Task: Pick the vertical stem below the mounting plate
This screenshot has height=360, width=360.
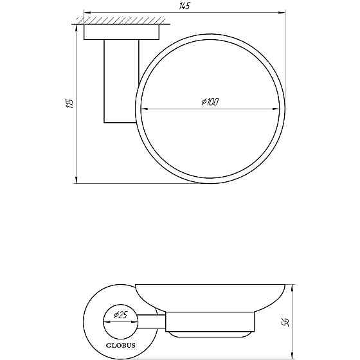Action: click(x=120, y=81)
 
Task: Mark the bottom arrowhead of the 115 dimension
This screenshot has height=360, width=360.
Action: click(x=76, y=179)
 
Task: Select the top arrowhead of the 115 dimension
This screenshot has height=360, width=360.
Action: click(x=76, y=28)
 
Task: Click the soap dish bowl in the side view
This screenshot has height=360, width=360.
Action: click(x=205, y=297)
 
